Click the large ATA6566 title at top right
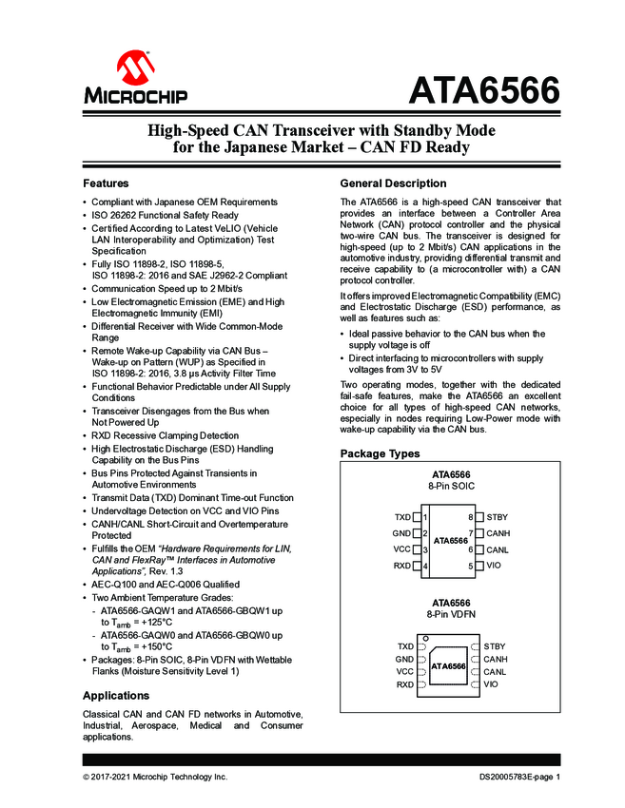point(483,92)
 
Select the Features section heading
point(106,183)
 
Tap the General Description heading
point(393,183)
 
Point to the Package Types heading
point(380,454)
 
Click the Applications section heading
point(116,696)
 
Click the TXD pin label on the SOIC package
point(402,517)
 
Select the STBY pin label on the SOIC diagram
point(497,517)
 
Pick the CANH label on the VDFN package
point(497,659)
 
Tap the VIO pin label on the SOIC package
point(493,566)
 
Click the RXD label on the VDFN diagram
point(405,684)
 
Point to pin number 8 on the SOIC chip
point(470,517)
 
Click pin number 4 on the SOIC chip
point(425,567)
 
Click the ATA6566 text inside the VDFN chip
point(448,666)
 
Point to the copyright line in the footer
point(155,777)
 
